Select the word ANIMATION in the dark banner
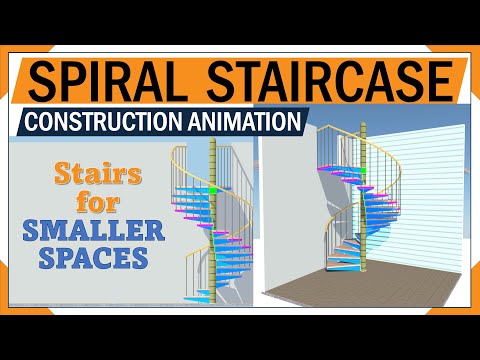point(243,121)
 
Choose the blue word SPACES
point(90,257)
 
